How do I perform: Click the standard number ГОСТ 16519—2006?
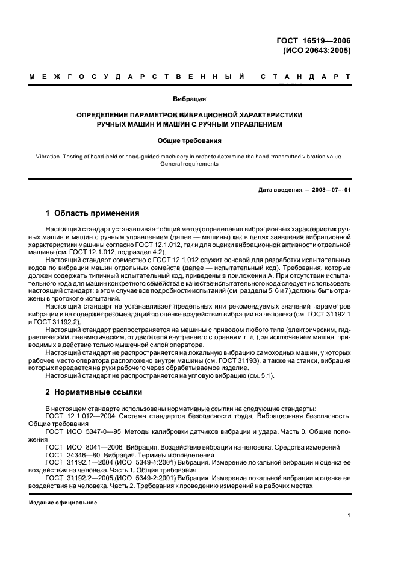(x=313, y=41)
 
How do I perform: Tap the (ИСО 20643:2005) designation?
(x=317, y=51)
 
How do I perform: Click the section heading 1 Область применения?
(x=93, y=213)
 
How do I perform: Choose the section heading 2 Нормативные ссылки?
(x=94, y=392)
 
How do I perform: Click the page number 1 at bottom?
(x=349, y=515)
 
